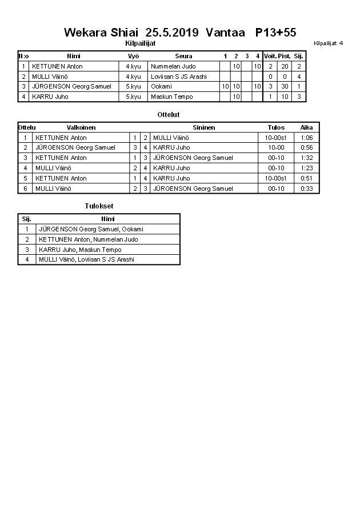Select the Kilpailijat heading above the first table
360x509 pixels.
click(140, 43)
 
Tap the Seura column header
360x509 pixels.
click(183, 56)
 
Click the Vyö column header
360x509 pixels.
click(133, 56)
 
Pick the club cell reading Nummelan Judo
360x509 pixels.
click(173, 66)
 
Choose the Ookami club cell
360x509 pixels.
click(161, 86)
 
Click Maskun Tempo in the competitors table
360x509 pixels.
click(171, 97)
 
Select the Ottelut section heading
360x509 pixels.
click(169, 115)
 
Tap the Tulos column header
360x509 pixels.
click(276, 127)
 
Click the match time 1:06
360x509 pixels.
click(306, 138)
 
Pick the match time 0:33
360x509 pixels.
click(306, 189)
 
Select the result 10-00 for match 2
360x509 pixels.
click(276, 147)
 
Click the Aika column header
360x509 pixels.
click(306, 127)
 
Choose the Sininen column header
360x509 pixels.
click(203, 127)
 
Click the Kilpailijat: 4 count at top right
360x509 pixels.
click(328, 43)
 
